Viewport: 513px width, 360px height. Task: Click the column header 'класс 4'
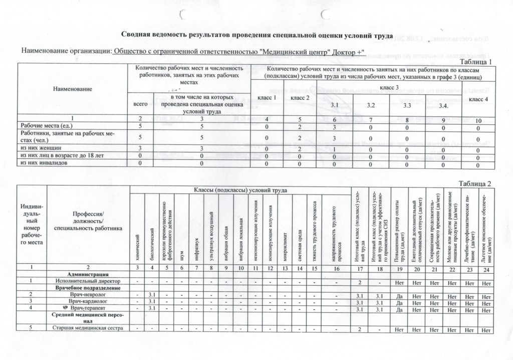click(478, 99)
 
